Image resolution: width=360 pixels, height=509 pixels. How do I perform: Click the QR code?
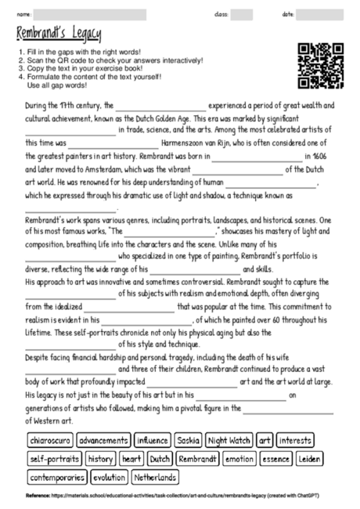pyautogui.click(x=321, y=66)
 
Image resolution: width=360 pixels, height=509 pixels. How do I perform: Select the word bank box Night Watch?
pyautogui.click(x=229, y=441)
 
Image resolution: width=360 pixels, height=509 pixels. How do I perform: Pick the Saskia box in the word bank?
pyautogui.click(x=187, y=441)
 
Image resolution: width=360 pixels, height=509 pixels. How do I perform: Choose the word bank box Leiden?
pyautogui.click(x=310, y=459)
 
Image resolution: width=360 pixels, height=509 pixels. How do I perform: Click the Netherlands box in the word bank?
pyautogui.click(x=155, y=477)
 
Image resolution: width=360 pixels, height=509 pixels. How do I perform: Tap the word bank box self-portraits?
pyautogui.click(x=54, y=459)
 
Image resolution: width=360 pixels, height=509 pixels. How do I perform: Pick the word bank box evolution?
pyautogui.click(x=109, y=477)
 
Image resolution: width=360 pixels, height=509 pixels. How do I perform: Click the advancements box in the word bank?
pyautogui.click(x=103, y=441)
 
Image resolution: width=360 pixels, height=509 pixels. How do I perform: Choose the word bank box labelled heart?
pyautogui.click(x=131, y=459)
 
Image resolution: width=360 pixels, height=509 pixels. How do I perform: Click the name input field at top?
pyautogui.click(x=90, y=14)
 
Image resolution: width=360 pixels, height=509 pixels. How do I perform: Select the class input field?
pyautogui.click(x=241, y=14)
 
